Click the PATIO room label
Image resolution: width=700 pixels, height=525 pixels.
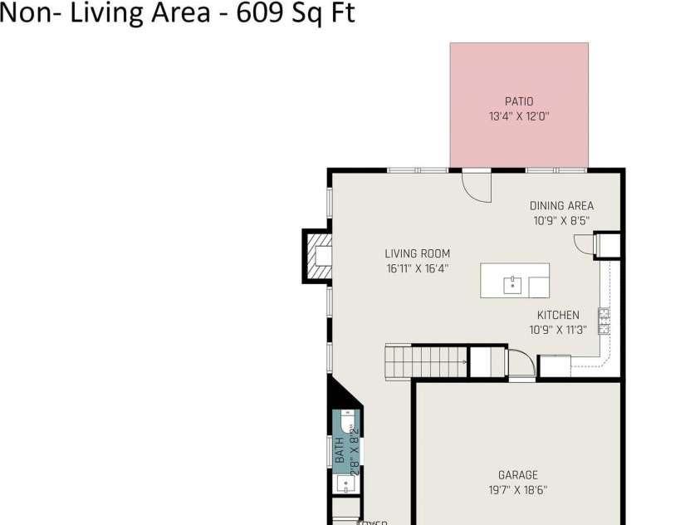pos(519,101)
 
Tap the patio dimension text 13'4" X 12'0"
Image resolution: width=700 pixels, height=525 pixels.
pos(519,117)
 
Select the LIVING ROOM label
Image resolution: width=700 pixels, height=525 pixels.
pos(417,253)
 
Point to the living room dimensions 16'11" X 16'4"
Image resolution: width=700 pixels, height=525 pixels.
pos(417,268)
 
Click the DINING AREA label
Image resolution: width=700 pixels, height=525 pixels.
pos(561,206)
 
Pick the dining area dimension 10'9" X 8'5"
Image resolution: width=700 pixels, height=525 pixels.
pos(561,221)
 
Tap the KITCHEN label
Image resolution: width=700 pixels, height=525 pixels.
pos(558,315)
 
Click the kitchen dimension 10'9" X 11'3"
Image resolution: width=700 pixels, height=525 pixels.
pos(558,330)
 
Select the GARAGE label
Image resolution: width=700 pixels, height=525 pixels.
pos(518,475)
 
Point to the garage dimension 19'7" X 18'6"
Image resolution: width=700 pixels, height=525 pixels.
pos(518,490)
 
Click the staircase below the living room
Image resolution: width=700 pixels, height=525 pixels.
pos(427,362)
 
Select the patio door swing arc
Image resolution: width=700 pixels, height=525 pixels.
pos(477,187)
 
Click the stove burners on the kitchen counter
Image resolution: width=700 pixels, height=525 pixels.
pos(604,321)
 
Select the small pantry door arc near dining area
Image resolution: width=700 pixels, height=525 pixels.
pos(585,243)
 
